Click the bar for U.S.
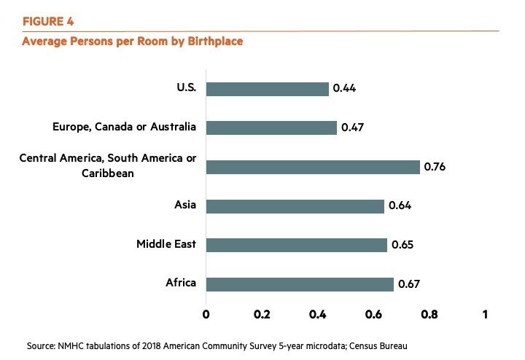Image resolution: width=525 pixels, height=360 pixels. click(x=267, y=89)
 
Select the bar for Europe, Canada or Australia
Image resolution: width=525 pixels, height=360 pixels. click(x=271, y=128)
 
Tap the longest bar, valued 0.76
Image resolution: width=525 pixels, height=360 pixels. click(x=313, y=167)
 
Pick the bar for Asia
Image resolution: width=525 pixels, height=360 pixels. click(x=295, y=206)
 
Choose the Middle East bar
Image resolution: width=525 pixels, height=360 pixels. click(x=296, y=245)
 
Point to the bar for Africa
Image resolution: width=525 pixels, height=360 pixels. click(x=299, y=284)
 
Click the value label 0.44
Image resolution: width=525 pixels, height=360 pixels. click(x=344, y=89)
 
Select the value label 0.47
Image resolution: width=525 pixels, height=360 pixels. click(x=351, y=128)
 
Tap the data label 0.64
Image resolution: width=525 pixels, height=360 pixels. click(x=400, y=206)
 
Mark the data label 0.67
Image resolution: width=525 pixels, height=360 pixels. click(x=409, y=284)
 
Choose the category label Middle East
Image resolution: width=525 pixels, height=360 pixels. click(x=166, y=244)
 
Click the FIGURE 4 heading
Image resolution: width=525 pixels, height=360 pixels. click(x=48, y=22)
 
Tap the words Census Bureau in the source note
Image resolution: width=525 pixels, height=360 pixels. click(x=386, y=345)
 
